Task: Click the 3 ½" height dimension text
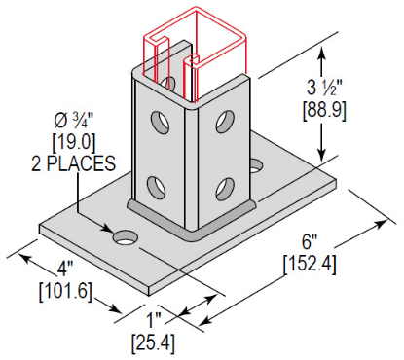(324, 88)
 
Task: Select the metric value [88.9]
(324, 111)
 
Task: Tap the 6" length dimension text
(309, 241)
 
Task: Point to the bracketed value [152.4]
(310, 265)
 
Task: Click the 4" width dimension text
(65, 269)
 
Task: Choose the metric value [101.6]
(65, 291)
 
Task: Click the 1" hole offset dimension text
(154, 321)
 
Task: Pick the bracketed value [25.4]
(153, 343)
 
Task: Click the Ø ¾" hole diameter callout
(74, 121)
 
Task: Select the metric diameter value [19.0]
(74, 143)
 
